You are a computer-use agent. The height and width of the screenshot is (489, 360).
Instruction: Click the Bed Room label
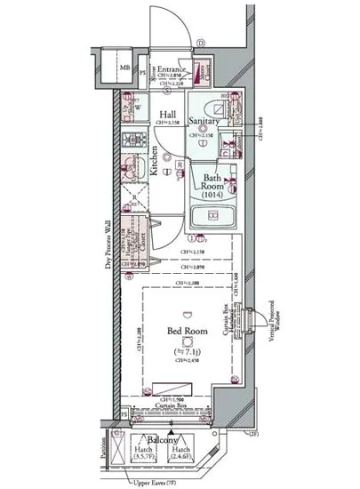pos(187,333)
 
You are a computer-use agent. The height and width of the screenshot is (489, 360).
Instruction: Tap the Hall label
pos(168,115)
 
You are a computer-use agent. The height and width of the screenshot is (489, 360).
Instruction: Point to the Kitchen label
pos(154,162)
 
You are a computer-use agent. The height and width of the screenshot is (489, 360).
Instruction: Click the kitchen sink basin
pos(130,167)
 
